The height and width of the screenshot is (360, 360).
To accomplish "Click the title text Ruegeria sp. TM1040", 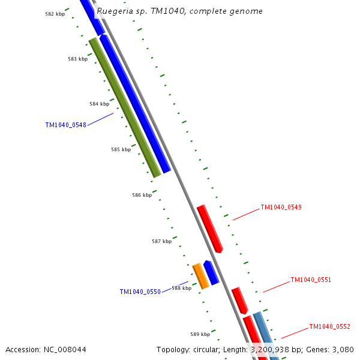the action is point(179,11).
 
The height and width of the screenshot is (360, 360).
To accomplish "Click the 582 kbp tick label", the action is point(55,14).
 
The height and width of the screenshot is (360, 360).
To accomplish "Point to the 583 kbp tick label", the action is point(77,59).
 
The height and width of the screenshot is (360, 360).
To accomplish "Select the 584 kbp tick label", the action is point(99,104).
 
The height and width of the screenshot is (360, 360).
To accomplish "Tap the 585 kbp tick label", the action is point(121,149).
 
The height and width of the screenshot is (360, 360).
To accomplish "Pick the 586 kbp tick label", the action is point(142,195).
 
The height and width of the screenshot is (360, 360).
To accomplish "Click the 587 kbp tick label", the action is point(161,241).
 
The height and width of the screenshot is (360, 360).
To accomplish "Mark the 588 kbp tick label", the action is point(181,288).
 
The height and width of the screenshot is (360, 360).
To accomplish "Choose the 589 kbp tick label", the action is point(200,334).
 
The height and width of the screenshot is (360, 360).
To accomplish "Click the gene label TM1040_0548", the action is point(65,125).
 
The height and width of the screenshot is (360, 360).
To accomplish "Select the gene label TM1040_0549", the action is point(281,208).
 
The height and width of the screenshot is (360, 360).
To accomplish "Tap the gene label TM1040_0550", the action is point(140,292).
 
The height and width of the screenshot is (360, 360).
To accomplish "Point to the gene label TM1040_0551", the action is point(311,280).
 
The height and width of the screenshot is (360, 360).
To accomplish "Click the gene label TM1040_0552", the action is point(329,327).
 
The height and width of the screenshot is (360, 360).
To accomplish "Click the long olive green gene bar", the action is point(125,108).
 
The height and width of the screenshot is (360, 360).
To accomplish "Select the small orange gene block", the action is point(200,276).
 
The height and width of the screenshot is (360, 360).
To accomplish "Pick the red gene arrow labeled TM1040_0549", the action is point(210,229).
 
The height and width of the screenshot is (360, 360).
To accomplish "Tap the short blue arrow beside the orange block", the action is point(211,272).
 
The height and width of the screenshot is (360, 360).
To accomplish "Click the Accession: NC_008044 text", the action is point(46,349).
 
